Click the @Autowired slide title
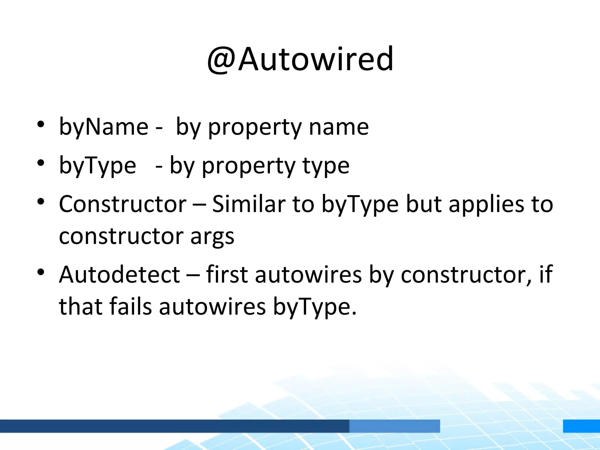pyautogui.click(x=300, y=59)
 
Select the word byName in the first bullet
pyautogui.click(x=104, y=127)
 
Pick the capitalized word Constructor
pyautogui.click(x=122, y=204)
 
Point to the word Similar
pyautogui.click(x=248, y=204)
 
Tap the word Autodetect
pyautogui.click(x=120, y=275)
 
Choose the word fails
pyautogui.click(x=131, y=306)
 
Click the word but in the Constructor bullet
pyautogui.click(x=424, y=204)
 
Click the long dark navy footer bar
pyautogui.click(x=174, y=426)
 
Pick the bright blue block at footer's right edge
pyautogui.click(x=581, y=426)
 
